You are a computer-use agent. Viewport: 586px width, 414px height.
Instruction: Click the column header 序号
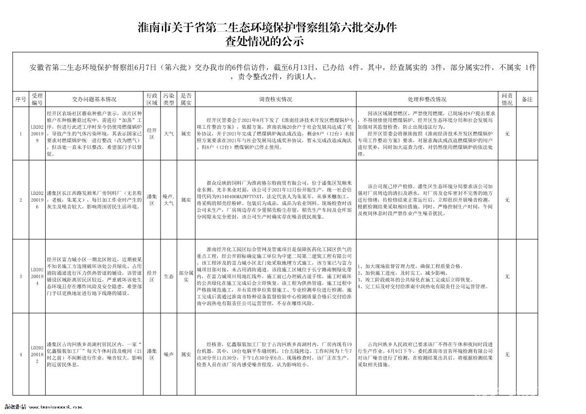(20, 99)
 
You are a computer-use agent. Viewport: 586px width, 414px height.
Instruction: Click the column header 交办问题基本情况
(94, 99)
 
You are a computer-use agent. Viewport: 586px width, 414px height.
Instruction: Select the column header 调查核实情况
(276, 99)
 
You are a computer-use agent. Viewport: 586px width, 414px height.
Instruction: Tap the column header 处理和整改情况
(427, 99)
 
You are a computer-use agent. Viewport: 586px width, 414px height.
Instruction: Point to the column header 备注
(527, 99)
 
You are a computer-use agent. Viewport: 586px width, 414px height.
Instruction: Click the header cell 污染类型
(168, 99)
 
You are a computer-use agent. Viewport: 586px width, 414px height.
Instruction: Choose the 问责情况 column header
(507, 99)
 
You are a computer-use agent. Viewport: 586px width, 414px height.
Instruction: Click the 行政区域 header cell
(152, 99)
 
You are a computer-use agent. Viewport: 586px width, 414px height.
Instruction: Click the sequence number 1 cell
(20, 134)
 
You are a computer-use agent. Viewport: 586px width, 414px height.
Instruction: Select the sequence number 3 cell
(20, 276)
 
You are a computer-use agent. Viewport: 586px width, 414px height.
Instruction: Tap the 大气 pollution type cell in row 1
(168, 134)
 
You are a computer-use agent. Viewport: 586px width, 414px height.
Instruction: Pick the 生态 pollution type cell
(168, 276)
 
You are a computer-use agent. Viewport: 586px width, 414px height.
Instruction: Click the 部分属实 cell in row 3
(185, 276)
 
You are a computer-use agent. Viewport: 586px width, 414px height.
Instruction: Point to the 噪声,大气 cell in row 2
(168, 200)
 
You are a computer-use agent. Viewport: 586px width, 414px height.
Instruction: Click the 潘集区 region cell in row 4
(152, 354)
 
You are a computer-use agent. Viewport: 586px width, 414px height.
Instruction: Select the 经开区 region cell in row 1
(152, 134)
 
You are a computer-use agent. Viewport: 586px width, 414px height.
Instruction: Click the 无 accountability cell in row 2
(507, 200)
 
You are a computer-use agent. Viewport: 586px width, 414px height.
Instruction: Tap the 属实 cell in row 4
(185, 354)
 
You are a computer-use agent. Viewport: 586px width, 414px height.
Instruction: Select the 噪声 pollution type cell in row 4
(168, 354)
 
